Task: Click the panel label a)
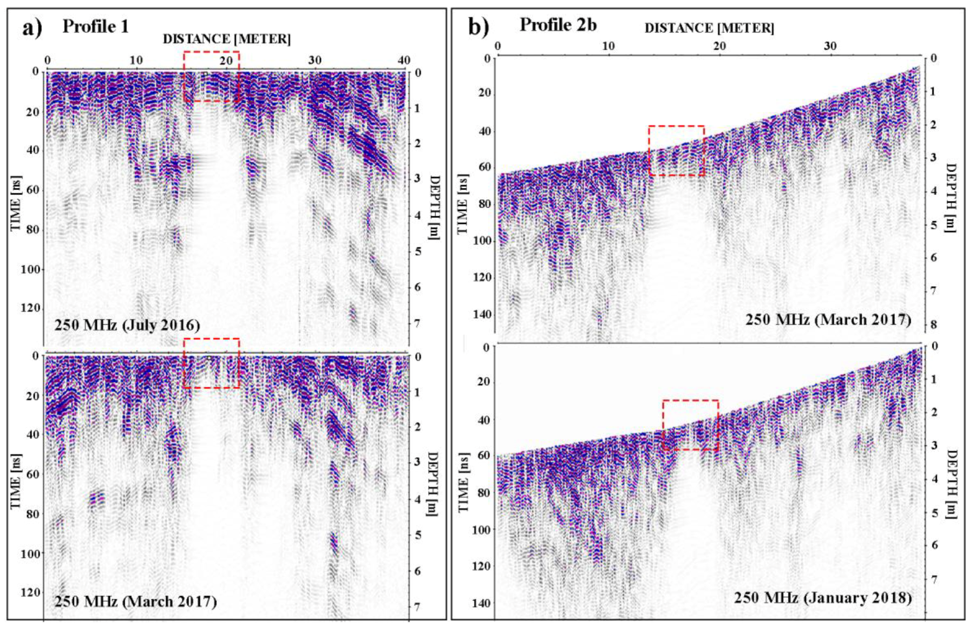32,28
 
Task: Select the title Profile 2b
558,25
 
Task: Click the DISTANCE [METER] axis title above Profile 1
227,40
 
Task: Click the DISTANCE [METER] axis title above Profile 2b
709,28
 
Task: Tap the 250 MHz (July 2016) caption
127,325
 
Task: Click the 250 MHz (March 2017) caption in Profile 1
135,602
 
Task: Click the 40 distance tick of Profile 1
404,60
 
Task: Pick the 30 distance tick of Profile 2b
830,46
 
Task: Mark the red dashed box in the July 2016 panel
211,76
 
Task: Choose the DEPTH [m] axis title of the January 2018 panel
951,484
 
